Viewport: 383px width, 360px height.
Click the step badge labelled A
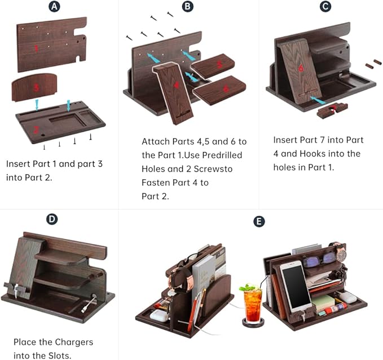tap(54, 7)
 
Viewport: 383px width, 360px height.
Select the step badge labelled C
tap(325, 7)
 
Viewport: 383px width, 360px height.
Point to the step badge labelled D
tap(52, 219)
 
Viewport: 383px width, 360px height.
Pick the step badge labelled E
tap(259, 221)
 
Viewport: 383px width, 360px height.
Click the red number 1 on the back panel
tap(37, 48)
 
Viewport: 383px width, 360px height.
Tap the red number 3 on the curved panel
tap(36, 88)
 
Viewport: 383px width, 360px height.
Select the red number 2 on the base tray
tap(36, 130)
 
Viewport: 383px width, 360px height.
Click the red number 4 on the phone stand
tap(177, 86)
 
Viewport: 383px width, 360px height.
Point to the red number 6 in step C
tap(301, 68)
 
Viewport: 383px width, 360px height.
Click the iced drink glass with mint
tap(252, 307)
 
